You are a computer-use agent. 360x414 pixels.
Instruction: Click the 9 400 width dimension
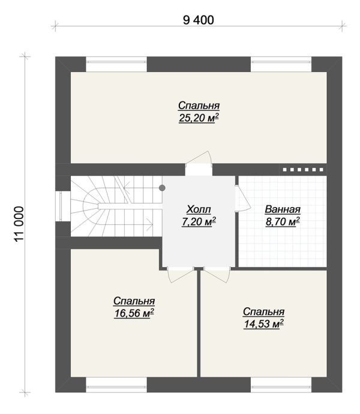[x=199, y=20]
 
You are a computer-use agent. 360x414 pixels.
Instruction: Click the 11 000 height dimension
[x=19, y=224]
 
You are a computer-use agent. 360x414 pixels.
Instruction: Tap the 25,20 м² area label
[x=199, y=118]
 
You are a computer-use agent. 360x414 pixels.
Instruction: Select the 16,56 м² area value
[x=134, y=313]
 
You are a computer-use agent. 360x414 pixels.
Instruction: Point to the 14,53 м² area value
[x=263, y=324]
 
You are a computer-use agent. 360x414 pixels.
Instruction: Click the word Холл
[x=199, y=209]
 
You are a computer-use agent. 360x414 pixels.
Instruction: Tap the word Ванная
[x=283, y=209]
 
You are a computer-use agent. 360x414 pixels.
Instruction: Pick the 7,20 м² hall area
[x=199, y=221]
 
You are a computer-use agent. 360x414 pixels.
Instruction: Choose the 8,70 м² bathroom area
[x=283, y=221]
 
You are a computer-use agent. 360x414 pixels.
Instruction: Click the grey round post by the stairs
[x=162, y=188]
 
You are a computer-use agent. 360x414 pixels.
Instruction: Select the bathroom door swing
[x=242, y=198]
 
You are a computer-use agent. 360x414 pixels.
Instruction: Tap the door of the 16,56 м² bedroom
[x=181, y=275]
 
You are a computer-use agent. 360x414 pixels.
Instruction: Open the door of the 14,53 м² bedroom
[x=217, y=275]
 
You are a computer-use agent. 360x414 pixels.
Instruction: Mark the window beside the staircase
[x=61, y=206]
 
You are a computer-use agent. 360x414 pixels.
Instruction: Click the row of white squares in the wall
[x=303, y=170]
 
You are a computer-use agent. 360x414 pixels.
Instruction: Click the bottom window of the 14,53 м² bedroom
[x=281, y=385]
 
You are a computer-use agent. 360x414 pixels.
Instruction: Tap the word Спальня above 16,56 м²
[x=134, y=301]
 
